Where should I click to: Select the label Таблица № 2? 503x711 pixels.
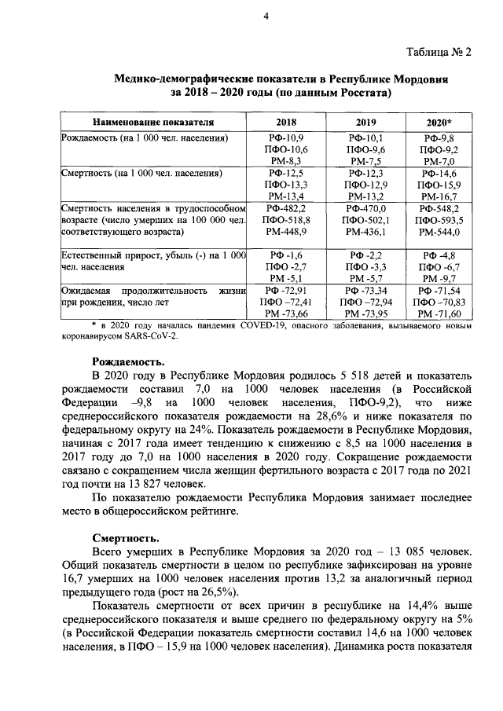(440, 53)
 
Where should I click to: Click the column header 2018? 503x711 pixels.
(286, 123)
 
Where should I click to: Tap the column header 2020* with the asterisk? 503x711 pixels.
(439, 123)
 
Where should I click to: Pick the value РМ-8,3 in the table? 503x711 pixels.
(286, 160)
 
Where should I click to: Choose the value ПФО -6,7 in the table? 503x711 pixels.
(439, 266)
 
